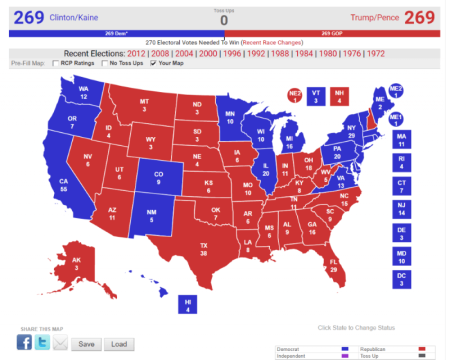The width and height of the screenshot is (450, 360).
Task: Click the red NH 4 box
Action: coord(341,97)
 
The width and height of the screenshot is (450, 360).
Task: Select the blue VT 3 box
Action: coord(317,97)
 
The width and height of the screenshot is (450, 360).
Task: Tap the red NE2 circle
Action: coord(294,96)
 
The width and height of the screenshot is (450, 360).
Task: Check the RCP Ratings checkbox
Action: coord(56,63)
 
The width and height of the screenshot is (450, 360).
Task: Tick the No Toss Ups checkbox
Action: coord(106,63)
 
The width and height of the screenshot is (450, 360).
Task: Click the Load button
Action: coord(118,344)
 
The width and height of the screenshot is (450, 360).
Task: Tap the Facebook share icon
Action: coord(24,343)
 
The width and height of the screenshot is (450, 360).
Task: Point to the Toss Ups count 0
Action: coord(224,19)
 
